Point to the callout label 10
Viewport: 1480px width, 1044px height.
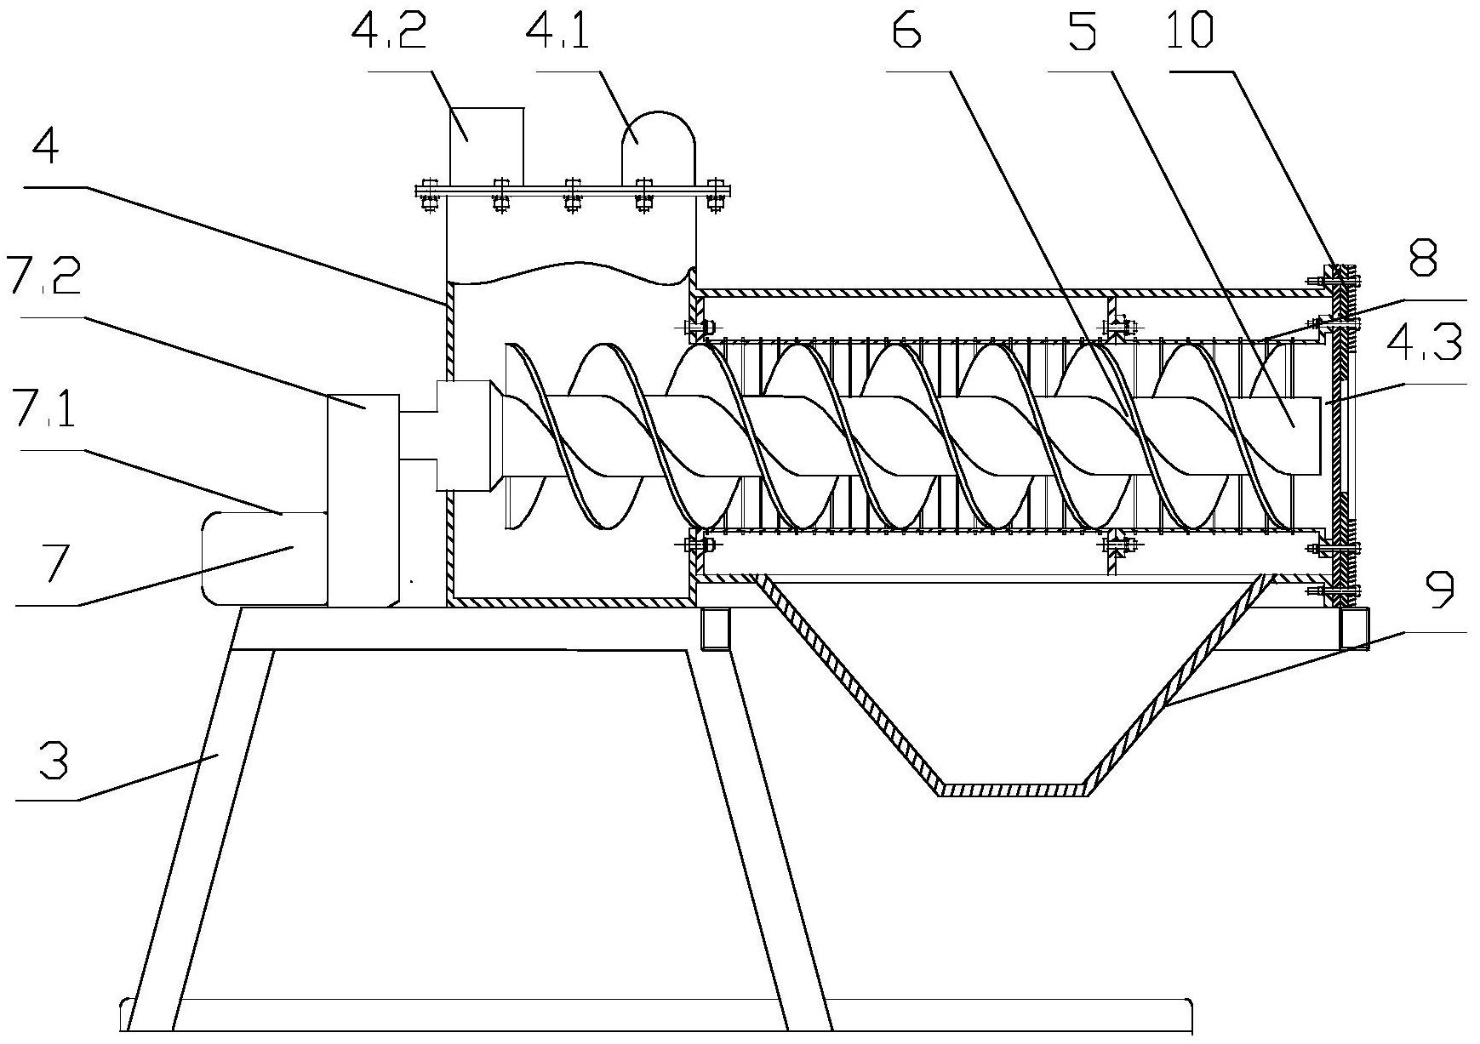pos(1190,32)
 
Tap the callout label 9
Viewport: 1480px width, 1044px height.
pos(1440,592)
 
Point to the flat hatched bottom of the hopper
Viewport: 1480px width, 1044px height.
pos(1013,789)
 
